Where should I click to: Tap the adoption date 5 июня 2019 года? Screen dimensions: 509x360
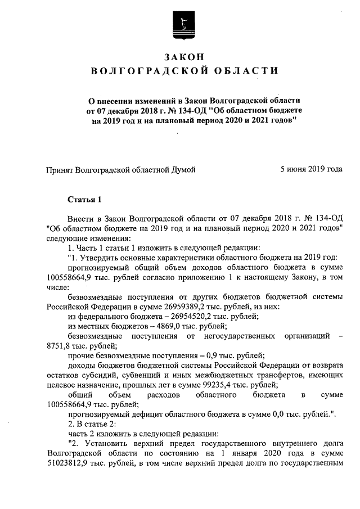pos(311,169)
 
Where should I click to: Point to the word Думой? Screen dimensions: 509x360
pos(184,169)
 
